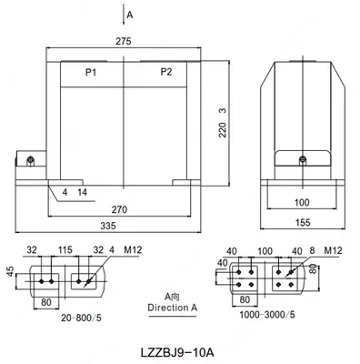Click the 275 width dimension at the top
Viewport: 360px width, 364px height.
point(123,41)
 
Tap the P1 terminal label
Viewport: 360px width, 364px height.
point(79,70)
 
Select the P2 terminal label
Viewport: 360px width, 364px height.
point(165,70)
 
